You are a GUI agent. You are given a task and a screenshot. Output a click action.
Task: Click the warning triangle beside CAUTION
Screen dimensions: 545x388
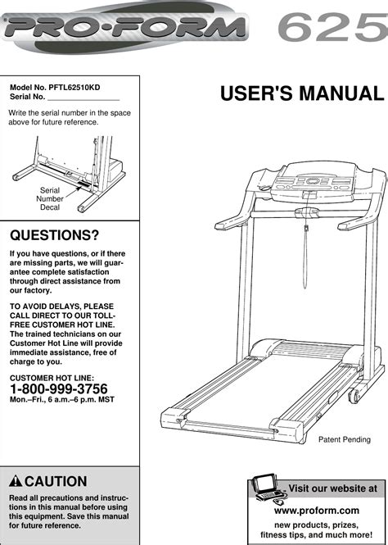click(x=16, y=482)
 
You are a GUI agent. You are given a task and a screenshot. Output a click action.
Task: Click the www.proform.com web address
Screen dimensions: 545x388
click(x=316, y=510)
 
